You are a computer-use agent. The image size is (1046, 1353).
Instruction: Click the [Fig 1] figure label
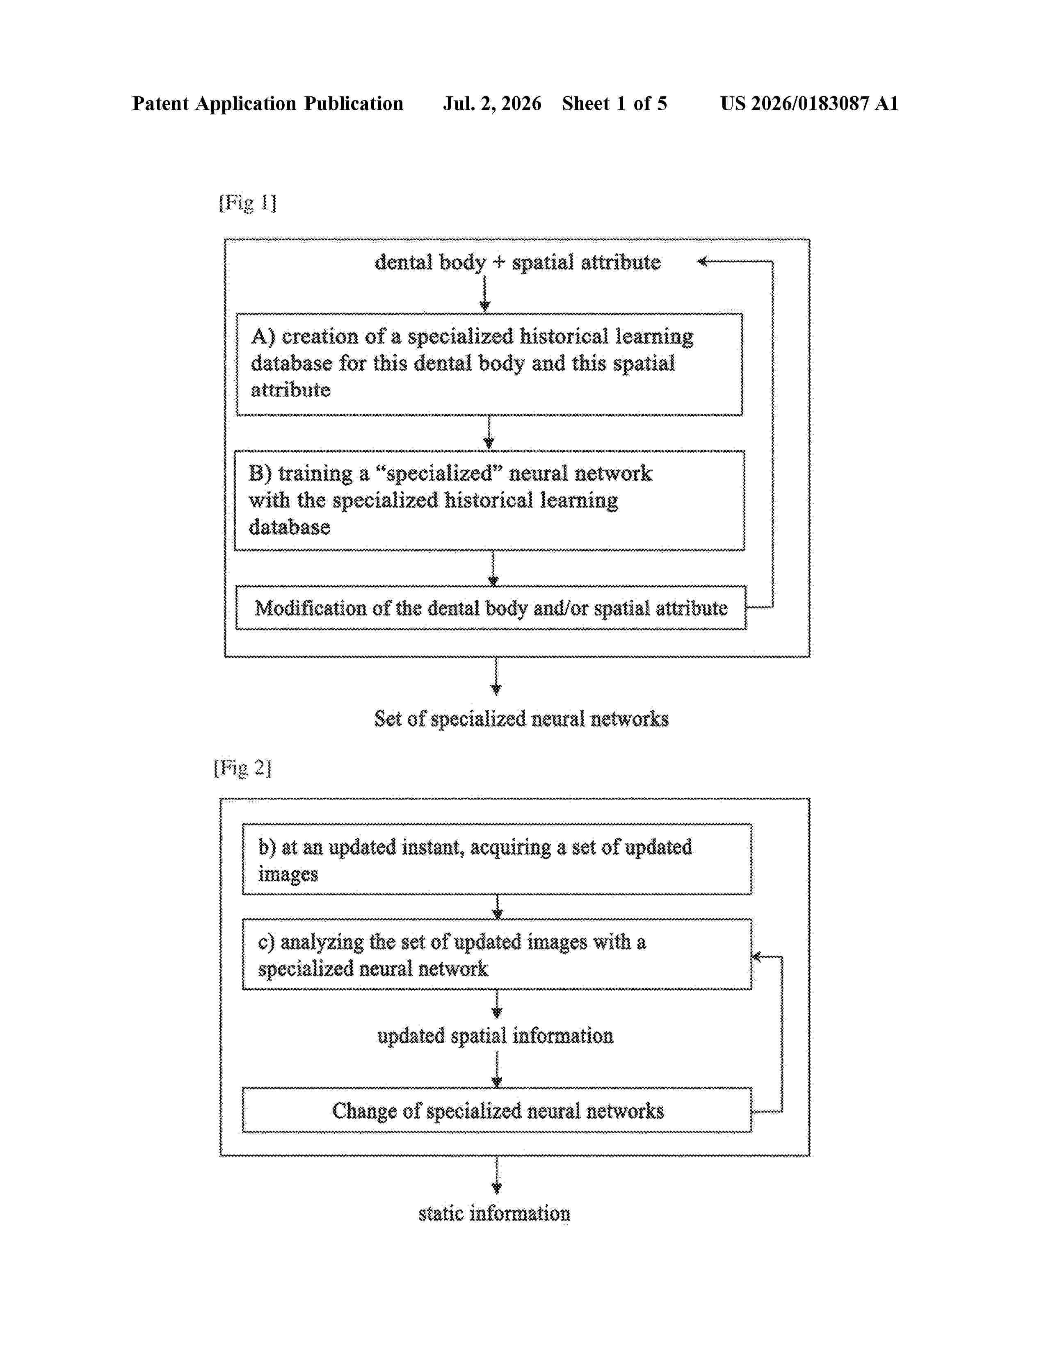click(x=247, y=203)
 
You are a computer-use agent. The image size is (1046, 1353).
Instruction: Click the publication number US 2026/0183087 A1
click(x=809, y=103)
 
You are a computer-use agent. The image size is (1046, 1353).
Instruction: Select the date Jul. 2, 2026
click(x=492, y=103)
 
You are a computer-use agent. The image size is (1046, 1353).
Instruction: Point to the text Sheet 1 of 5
click(x=615, y=103)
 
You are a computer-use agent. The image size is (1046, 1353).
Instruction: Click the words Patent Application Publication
click(x=268, y=103)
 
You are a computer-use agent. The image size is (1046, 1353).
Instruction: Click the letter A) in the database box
click(x=263, y=336)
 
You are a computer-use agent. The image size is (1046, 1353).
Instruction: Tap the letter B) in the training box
click(x=260, y=473)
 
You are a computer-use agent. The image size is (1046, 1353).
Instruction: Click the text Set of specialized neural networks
click(x=521, y=719)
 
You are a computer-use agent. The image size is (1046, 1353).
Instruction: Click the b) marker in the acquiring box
click(x=267, y=847)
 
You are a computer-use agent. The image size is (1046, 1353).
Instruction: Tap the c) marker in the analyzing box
click(x=267, y=942)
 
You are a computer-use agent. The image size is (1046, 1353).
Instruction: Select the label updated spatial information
click(x=495, y=1036)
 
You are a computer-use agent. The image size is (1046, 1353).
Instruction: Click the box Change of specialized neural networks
click(x=497, y=1110)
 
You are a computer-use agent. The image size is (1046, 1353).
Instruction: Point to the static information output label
click(x=495, y=1213)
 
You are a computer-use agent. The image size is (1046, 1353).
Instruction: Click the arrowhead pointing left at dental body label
click(x=702, y=262)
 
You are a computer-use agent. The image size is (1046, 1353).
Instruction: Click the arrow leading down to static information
click(x=496, y=1175)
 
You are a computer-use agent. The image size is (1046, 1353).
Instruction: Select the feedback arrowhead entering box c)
click(x=757, y=957)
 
